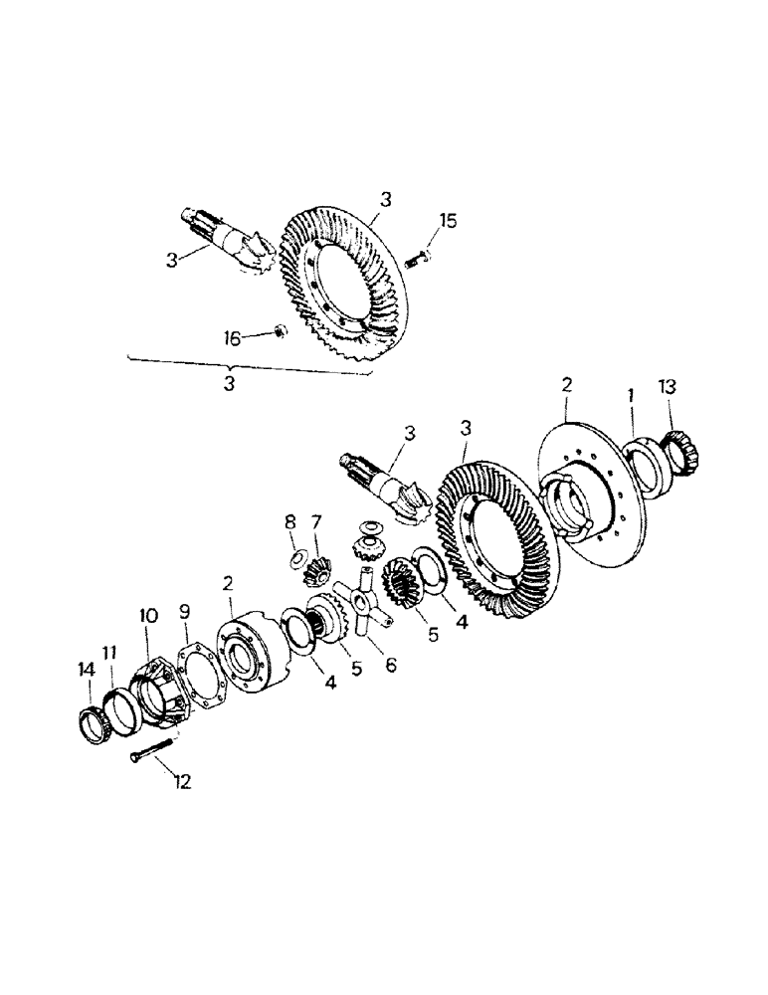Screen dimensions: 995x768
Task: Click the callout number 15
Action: pos(448,220)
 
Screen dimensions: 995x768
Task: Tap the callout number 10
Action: pos(148,617)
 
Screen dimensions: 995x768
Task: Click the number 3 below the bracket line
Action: pos(229,382)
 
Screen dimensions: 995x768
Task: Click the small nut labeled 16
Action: pos(281,330)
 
